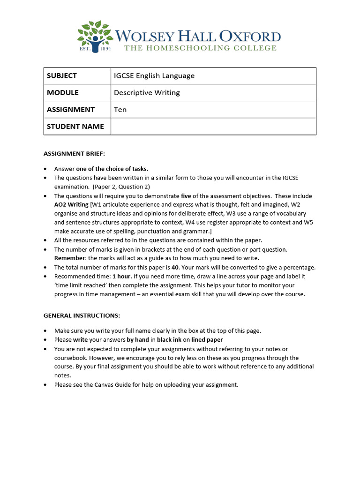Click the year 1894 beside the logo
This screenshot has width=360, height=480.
pos(105,48)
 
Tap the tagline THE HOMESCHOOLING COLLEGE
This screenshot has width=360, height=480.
pos(200,48)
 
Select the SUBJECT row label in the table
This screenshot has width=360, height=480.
pos(62,76)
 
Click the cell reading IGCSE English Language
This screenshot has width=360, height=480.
pos(154,76)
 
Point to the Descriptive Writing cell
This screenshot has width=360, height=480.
pos(147,93)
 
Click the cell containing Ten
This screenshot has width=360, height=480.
pos(120,110)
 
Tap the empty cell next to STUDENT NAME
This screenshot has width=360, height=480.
pos(213,127)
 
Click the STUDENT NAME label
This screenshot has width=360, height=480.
pos(75,127)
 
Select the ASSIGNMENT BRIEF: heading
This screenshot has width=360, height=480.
pos(75,153)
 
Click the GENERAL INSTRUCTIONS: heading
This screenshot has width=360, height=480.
pos(82,316)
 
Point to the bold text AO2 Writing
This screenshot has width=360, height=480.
pos(71,205)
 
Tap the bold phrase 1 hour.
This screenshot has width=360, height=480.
pos(122,276)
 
